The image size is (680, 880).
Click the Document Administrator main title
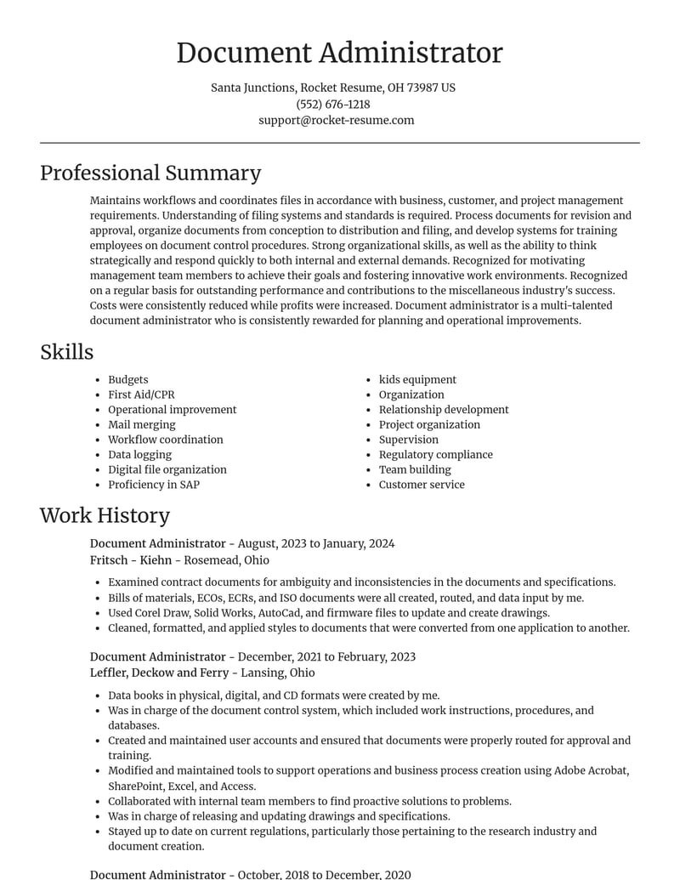[339, 53]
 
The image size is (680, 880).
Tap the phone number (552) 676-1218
[332, 104]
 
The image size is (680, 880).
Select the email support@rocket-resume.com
[336, 120]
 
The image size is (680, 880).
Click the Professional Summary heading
[150, 173]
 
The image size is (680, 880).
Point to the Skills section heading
[66, 352]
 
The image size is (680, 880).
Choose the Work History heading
[105, 515]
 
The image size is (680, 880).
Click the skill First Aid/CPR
[141, 395]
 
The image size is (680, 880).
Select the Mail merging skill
[141, 424]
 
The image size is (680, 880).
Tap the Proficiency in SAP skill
[153, 485]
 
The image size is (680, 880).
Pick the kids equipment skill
[417, 379]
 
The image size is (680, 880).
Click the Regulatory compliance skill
[435, 455]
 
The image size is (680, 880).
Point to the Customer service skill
[422, 485]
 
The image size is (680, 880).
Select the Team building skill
[415, 469]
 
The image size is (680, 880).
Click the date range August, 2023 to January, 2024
[316, 543]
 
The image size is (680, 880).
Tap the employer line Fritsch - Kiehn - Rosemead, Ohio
[179, 559]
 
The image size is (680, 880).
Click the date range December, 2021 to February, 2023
[326, 656]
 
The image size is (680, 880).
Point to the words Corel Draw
[161, 613]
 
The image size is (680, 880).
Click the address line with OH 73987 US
[332, 88]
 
